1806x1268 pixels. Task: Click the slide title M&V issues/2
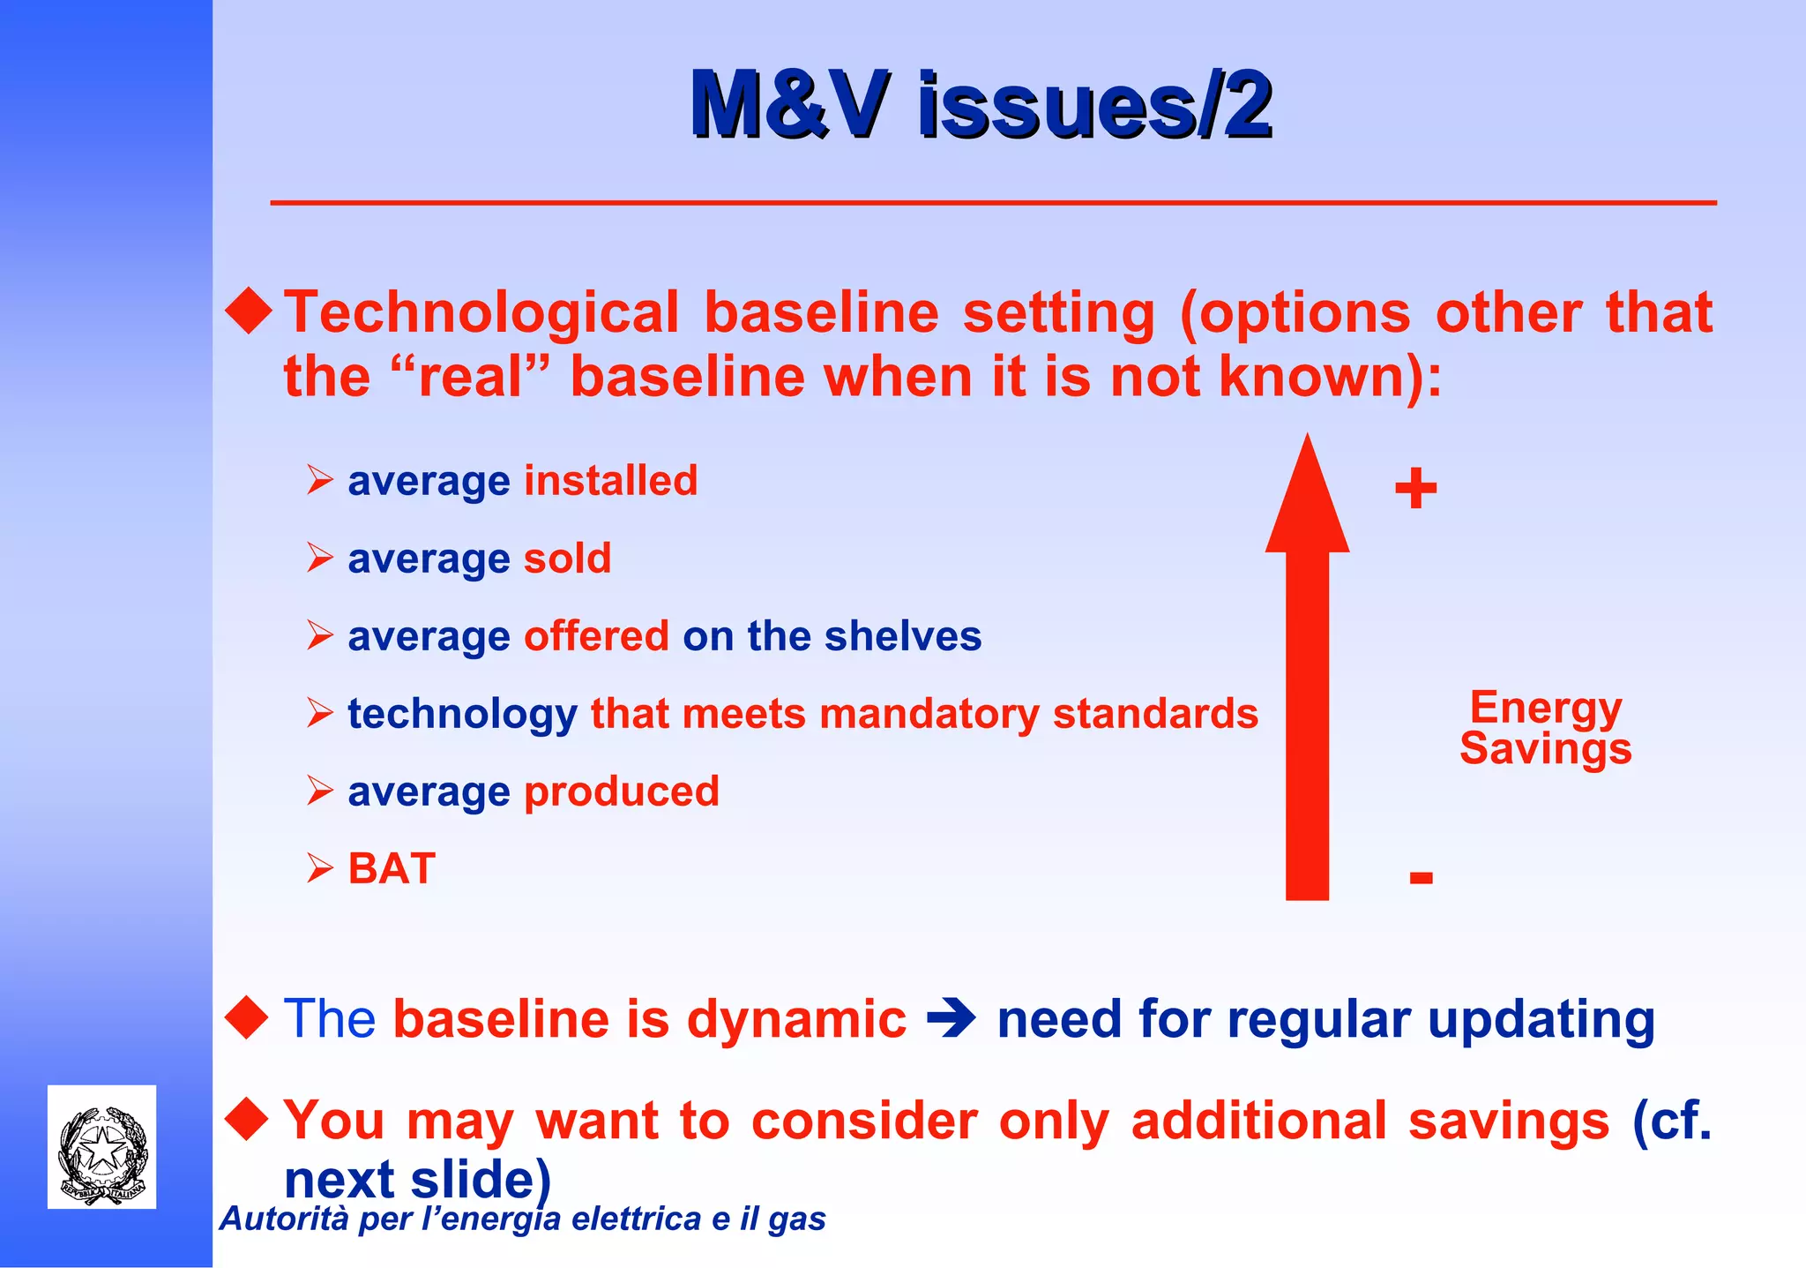[981, 105]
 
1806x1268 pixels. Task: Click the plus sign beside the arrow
[1415, 489]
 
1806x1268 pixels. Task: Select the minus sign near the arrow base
[1421, 878]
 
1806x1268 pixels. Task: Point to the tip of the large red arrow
[1307, 441]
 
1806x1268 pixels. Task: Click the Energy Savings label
[1545, 728]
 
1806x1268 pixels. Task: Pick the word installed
[610, 482]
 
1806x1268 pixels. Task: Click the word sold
[567, 559]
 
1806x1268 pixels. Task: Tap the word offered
[596, 636]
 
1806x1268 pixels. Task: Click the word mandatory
[929, 714]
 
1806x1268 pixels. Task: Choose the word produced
[621, 792]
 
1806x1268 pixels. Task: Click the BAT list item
[392, 869]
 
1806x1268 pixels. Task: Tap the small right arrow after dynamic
[951, 1020]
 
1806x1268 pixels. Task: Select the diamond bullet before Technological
[249, 311]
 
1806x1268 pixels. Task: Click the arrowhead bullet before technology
[319, 713]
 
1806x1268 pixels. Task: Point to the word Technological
[481, 312]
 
